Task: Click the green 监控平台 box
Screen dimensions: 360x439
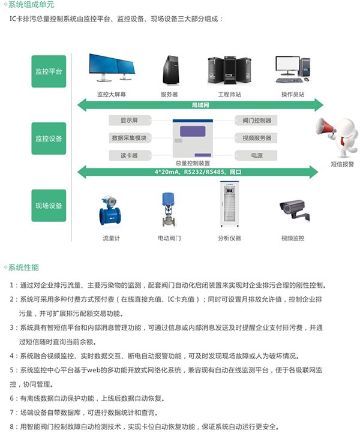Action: click(x=49, y=71)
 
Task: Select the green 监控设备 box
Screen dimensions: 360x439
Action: click(x=49, y=139)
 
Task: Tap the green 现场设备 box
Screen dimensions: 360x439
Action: click(x=49, y=206)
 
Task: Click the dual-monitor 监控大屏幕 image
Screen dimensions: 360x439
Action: click(x=112, y=68)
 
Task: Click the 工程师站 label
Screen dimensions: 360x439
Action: click(x=229, y=94)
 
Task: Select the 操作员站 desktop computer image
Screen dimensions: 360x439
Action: click(x=293, y=69)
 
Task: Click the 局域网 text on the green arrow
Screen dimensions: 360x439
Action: click(x=200, y=105)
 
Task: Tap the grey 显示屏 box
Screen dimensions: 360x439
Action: click(x=130, y=121)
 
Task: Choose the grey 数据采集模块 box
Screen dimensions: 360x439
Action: click(x=130, y=138)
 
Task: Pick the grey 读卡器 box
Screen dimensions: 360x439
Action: click(x=130, y=155)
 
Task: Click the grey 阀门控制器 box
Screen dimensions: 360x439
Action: click(x=256, y=121)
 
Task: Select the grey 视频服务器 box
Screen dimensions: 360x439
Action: click(x=256, y=138)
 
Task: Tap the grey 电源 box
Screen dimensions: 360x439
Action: click(x=256, y=155)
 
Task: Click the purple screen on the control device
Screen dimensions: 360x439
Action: click(x=193, y=131)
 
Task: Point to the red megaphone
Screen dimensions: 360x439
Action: click(x=326, y=127)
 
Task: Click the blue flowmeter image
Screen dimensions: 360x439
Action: click(x=110, y=211)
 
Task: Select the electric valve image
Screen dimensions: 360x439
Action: click(x=169, y=209)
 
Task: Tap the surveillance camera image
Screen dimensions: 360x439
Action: click(x=294, y=209)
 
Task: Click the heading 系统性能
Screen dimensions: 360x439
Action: click(x=23, y=267)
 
